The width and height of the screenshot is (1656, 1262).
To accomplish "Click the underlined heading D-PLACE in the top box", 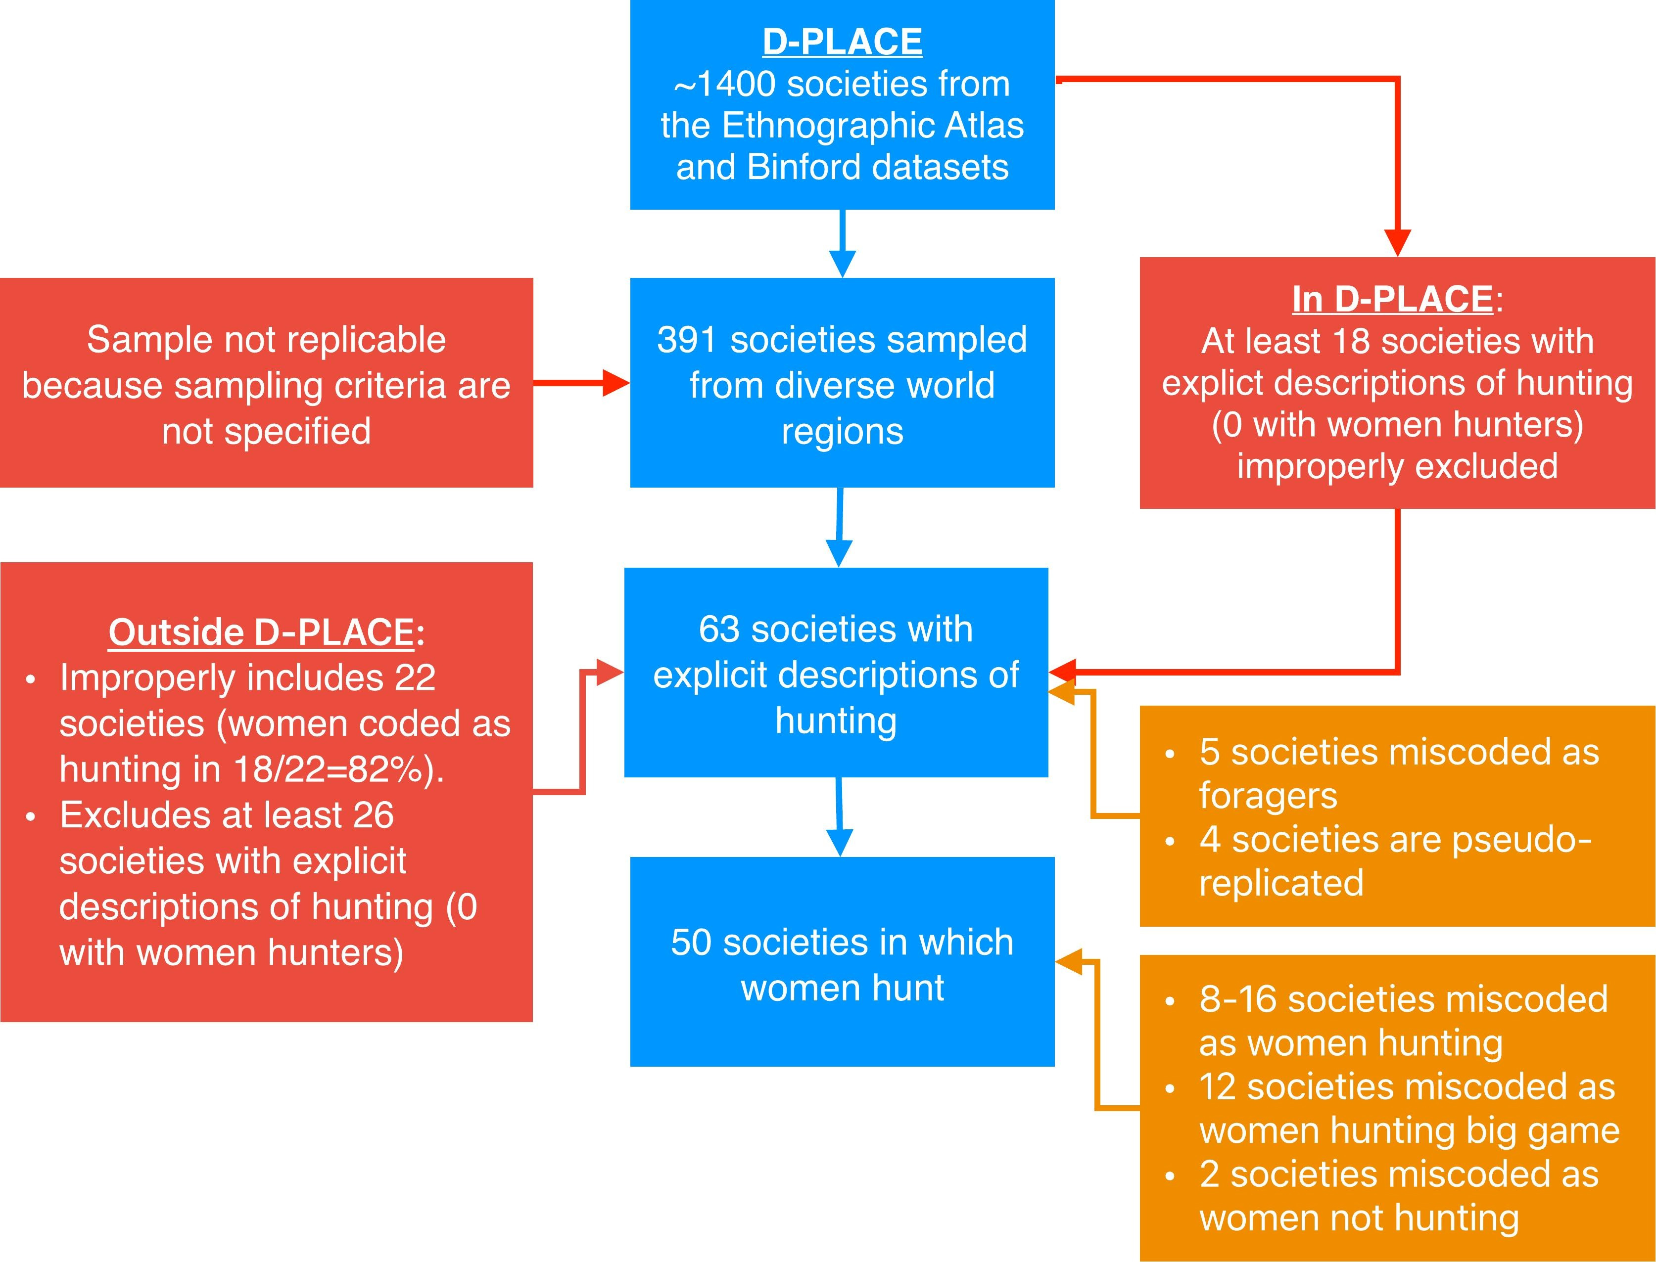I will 842,42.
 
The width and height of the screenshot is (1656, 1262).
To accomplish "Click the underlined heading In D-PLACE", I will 1392,299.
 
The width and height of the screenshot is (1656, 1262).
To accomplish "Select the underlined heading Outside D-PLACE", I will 261,632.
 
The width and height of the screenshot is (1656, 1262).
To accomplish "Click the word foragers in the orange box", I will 1268,796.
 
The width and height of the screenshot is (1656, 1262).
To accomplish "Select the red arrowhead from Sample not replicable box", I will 615,383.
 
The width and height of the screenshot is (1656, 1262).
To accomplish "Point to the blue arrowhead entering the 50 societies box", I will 839,842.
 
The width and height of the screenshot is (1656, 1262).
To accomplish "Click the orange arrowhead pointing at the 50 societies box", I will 1068,961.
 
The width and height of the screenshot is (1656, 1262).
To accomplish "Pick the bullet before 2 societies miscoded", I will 1170,1175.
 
